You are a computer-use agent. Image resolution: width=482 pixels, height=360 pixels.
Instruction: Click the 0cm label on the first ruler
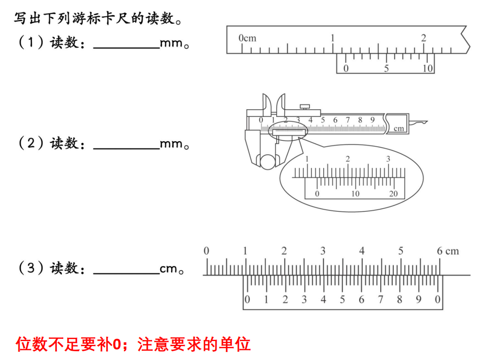click(247, 38)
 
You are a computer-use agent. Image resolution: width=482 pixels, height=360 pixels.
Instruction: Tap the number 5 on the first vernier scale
click(387, 68)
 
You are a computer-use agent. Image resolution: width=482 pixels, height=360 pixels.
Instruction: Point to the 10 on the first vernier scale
click(428, 68)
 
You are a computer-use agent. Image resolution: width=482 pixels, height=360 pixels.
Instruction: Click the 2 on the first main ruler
click(424, 38)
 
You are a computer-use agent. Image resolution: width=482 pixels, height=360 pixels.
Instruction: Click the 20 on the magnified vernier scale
click(393, 194)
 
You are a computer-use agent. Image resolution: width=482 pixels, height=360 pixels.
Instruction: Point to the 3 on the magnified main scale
click(388, 159)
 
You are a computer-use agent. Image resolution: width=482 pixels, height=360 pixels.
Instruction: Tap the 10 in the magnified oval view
click(355, 194)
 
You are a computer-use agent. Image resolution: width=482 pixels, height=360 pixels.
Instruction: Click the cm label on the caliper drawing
click(399, 129)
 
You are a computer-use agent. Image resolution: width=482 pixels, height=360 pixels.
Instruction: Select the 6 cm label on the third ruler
click(447, 251)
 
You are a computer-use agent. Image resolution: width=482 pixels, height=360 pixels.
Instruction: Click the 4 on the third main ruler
click(362, 251)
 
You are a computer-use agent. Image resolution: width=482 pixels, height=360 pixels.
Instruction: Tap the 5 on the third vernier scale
click(342, 299)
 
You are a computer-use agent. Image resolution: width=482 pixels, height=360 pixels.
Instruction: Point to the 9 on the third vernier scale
click(419, 299)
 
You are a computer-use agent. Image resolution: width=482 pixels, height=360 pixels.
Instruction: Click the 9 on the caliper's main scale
click(372, 120)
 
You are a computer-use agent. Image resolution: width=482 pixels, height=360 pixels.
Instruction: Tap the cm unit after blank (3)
click(168, 269)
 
